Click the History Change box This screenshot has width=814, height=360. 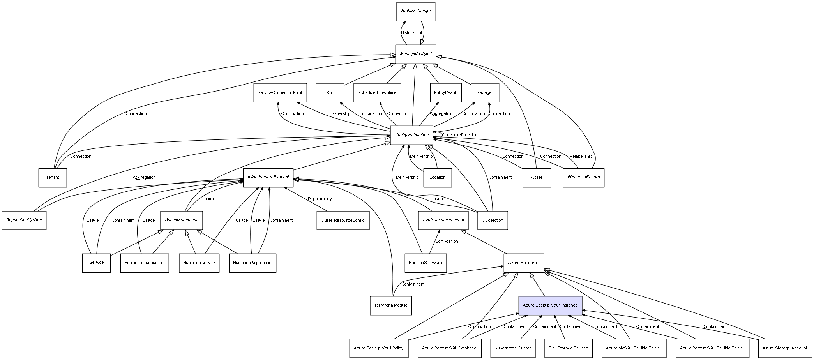[415, 11]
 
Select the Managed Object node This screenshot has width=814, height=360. [415, 54]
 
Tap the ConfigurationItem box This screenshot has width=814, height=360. [411, 135]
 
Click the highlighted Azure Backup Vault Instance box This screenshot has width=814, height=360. [550, 305]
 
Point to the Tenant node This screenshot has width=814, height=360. [53, 178]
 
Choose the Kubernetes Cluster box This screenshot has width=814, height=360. [512, 348]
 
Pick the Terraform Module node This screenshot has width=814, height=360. [390, 305]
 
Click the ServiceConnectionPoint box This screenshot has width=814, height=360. [280, 93]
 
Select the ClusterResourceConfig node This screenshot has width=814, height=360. [343, 221]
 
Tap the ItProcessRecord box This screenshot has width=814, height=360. [583, 177]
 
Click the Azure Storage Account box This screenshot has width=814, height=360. [784, 348]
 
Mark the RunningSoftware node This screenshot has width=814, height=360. [425, 263]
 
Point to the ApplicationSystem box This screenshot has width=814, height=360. [24, 220]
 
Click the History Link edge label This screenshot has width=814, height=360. [412, 33]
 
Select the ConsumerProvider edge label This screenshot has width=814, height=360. [459, 135]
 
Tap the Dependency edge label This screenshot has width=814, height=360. [320, 199]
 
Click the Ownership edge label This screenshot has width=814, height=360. [339, 114]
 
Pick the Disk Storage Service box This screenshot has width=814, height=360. [568, 348]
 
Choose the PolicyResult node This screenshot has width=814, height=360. [445, 93]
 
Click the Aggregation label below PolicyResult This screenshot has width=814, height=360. [441, 114]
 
